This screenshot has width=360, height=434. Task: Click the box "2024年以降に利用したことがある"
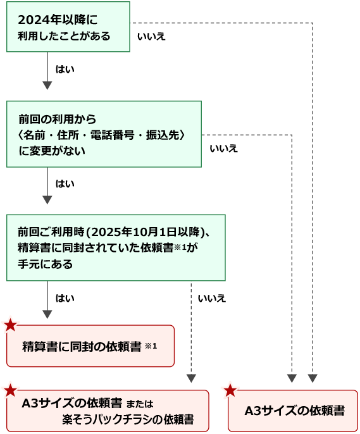[68, 27]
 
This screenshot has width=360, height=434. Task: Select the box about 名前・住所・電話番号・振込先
[104, 134]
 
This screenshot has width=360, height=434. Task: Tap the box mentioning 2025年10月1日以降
[116, 248]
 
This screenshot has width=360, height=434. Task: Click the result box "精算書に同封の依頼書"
[90, 346]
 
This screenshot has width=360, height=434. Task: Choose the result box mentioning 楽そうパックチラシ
[108, 411]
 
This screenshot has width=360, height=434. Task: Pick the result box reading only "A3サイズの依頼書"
[293, 411]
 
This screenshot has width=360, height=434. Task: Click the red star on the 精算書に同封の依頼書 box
[11, 325]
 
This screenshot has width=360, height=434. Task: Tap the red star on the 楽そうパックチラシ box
[11, 390]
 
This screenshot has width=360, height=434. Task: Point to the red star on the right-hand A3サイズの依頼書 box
[230, 390]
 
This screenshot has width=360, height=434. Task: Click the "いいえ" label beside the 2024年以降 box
[151, 37]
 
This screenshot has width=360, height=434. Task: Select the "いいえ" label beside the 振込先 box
[223, 149]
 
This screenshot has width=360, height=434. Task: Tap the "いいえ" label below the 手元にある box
[212, 299]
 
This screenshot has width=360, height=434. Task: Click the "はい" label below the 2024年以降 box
[65, 69]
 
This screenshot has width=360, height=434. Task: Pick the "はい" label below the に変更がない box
[65, 183]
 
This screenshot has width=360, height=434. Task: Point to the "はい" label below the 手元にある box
[65, 298]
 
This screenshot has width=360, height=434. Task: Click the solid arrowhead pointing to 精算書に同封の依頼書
[47, 314]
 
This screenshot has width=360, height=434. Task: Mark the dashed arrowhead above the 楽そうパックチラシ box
[191, 378]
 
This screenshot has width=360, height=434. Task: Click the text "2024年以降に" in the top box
[58, 20]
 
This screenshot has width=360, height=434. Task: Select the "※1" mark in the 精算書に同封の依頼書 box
[151, 346]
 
